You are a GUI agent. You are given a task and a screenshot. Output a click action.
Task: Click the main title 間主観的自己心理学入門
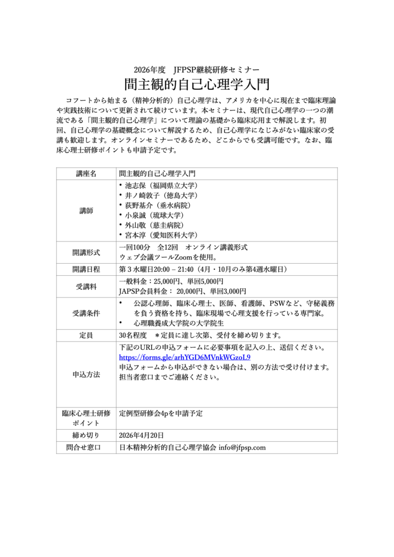tap(196, 85)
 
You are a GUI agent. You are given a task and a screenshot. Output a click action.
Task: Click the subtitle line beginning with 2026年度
tap(196, 70)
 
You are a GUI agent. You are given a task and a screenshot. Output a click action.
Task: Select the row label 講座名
tap(86, 174)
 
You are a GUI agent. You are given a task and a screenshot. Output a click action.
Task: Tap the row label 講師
tap(86, 211)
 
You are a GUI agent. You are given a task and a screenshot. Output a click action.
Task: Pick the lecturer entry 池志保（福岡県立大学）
tap(158, 185)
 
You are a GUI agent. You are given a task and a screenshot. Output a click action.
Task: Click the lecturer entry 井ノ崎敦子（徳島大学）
tap(162, 195)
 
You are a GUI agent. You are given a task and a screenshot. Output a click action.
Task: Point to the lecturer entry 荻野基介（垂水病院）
tap(158, 205)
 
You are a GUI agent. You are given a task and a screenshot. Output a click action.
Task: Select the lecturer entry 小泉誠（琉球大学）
tap(154, 215)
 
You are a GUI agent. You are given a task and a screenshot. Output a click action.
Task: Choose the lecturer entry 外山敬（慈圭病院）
tap(154, 225)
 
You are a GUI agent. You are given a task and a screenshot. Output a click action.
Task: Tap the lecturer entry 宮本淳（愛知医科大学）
tap(162, 235)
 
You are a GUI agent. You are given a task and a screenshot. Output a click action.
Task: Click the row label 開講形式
tap(86, 252)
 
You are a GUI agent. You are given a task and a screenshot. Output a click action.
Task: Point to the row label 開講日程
tap(86, 269)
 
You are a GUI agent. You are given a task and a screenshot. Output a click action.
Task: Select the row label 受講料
tap(86, 286)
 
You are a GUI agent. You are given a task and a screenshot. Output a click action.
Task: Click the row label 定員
tap(86, 334)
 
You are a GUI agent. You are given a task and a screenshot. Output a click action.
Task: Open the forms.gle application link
tap(184, 357)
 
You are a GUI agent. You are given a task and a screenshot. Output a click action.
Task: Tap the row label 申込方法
tap(86, 375)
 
